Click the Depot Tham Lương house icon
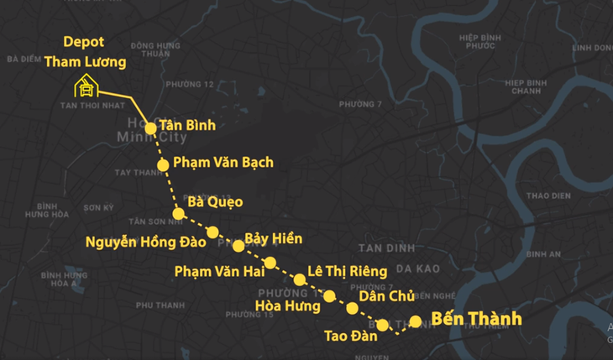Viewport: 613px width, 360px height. tap(86, 85)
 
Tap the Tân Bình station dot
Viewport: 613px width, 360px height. tap(150, 128)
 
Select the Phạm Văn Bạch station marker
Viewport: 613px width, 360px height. tap(163, 163)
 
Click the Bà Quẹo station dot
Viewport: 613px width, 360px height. tap(178, 213)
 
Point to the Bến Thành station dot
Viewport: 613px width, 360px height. tap(415, 321)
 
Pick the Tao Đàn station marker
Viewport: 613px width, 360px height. tap(383, 325)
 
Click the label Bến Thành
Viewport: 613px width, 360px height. tap(476, 319)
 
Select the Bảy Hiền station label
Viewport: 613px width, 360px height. tap(273, 238)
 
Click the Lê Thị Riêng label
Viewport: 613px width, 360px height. tap(347, 270)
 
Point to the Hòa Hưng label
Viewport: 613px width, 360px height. tap(287, 306)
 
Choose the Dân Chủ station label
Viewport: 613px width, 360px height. tap(384, 295)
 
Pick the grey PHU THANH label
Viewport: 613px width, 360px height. tap(159, 305)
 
